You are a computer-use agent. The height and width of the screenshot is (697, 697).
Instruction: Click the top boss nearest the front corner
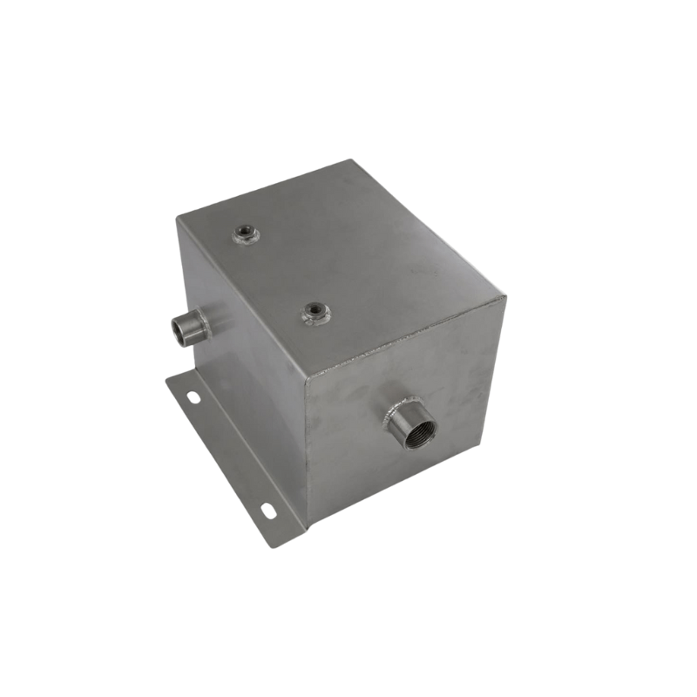point(315,313)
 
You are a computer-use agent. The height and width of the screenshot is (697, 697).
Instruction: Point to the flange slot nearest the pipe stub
point(193,397)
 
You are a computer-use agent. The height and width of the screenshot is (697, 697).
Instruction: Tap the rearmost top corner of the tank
point(350,160)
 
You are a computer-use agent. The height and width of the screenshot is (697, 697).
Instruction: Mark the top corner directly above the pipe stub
point(178,218)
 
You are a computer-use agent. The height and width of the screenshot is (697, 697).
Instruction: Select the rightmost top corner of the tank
point(505,296)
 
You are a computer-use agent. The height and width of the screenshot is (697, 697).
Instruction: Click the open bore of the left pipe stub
point(183,331)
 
